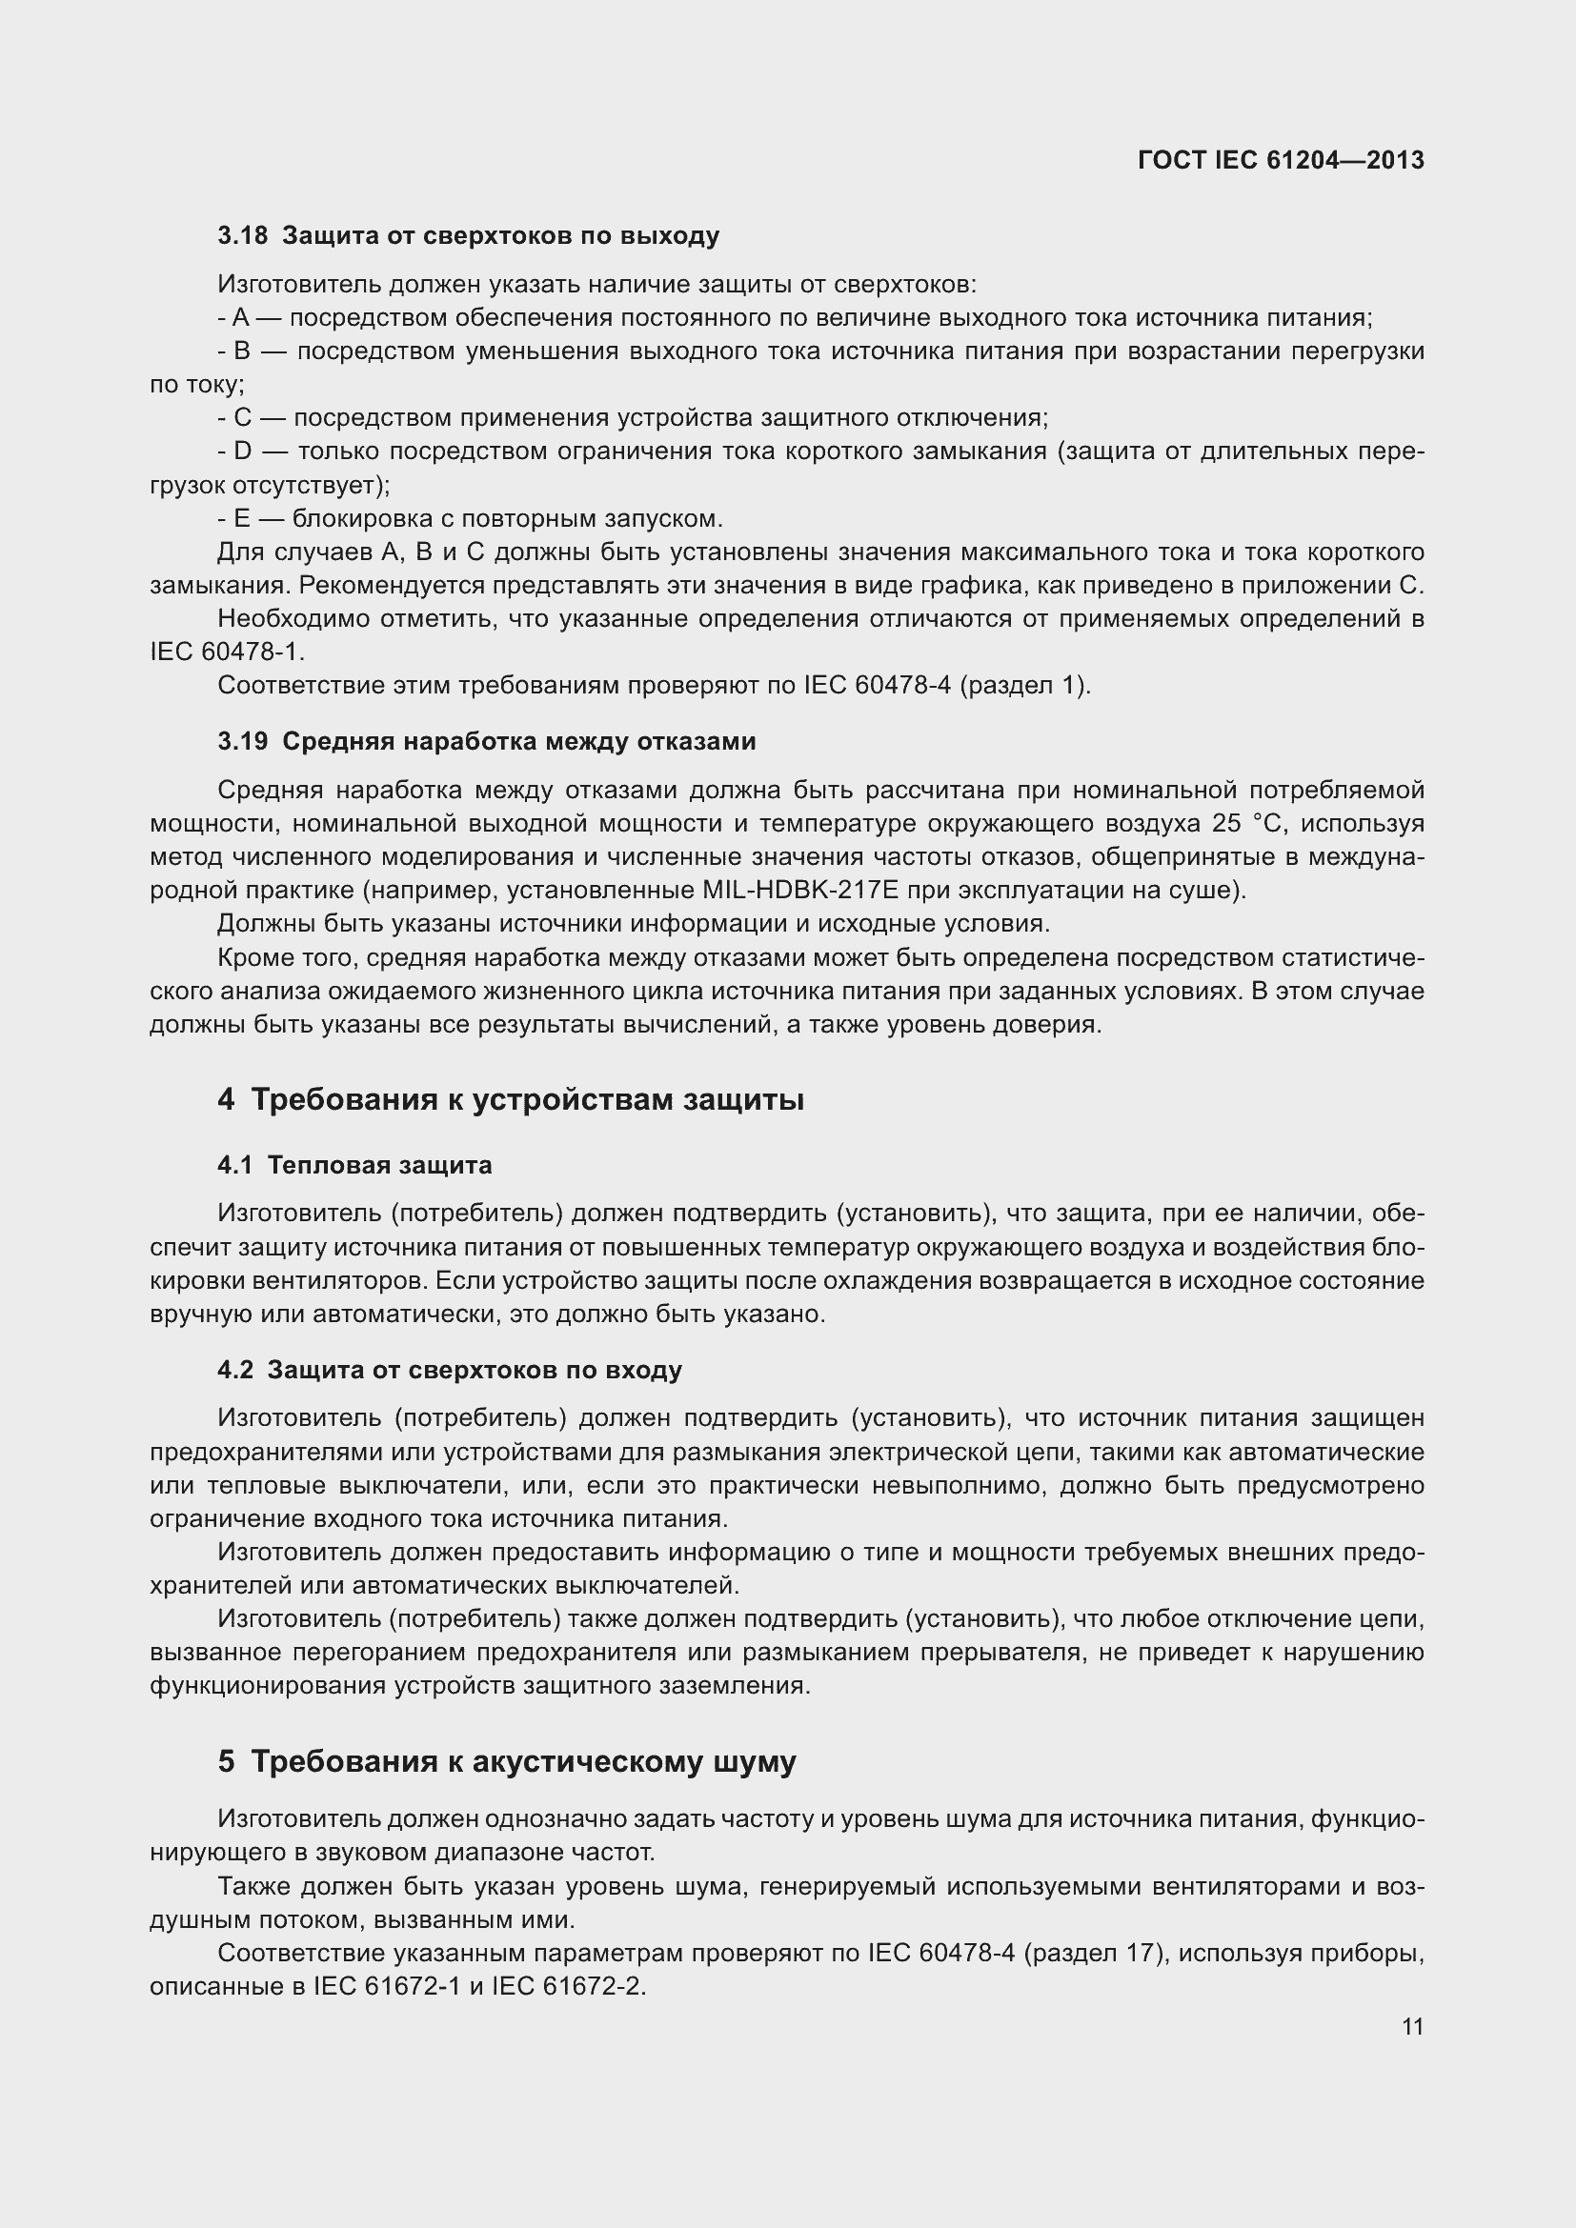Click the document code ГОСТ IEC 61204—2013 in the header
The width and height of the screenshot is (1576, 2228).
[1280, 160]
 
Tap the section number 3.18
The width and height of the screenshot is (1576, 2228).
[243, 236]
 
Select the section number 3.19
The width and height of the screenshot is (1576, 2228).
[243, 741]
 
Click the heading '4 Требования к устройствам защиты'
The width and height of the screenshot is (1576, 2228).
[511, 1099]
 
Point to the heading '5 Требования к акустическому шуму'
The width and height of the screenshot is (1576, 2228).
[507, 1761]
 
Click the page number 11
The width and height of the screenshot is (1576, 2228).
[1412, 2027]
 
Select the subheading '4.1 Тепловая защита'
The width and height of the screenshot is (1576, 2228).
[354, 1164]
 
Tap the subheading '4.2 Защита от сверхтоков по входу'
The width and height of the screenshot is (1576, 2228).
[450, 1370]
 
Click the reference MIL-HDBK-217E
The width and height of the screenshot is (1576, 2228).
[791, 890]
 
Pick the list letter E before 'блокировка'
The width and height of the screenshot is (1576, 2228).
[242, 518]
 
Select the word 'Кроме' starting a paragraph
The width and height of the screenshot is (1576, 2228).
[252, 957]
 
